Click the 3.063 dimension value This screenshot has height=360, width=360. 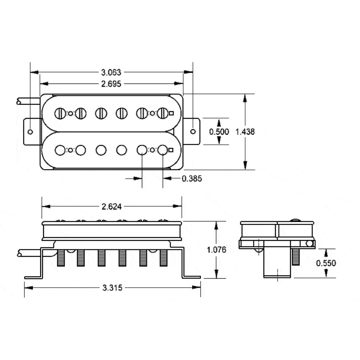click(111, 73)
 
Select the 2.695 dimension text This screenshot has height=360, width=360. click(111, 84)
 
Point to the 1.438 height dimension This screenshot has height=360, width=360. click(245, 132)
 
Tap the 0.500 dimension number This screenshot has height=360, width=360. click(219, 132)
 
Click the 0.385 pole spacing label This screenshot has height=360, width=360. click(192, 179)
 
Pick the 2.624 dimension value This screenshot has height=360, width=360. click(112, 207)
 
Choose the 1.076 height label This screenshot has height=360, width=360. click(216, 250)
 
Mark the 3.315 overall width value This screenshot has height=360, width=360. click(112, 288)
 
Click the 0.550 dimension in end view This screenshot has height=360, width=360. click(326, 263)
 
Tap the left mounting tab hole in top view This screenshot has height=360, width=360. click(30, 132)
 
